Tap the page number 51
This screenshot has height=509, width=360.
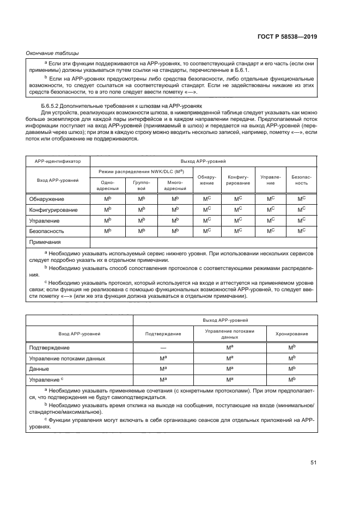tap(314, 463)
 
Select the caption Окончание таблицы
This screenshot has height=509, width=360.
tap(52, 53)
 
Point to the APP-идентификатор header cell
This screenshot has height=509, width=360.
tap(58, 162)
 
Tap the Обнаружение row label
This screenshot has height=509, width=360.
tap(46, 199)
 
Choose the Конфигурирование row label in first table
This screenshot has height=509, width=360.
tap(53, 210)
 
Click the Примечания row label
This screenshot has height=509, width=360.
tap(45, 242)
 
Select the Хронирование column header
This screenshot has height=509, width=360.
tap(291, 333)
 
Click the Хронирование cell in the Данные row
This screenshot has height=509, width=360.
tap(291, 369)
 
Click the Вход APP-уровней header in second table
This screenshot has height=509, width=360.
tap(80, 333)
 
